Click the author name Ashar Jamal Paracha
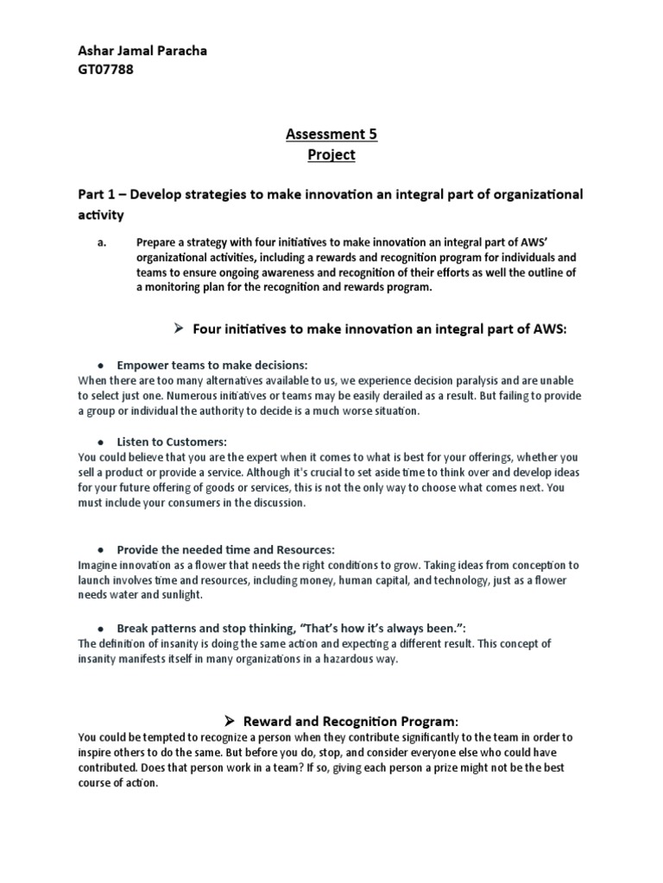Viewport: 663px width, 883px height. (142, 52)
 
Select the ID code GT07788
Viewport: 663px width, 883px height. (106, 71)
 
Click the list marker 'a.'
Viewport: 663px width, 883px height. (100, 243)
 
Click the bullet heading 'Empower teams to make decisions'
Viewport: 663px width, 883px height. (212, 365)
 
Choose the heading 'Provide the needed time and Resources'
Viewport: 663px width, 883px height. (225, 549)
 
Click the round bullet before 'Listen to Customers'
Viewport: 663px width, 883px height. (100, 442)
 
